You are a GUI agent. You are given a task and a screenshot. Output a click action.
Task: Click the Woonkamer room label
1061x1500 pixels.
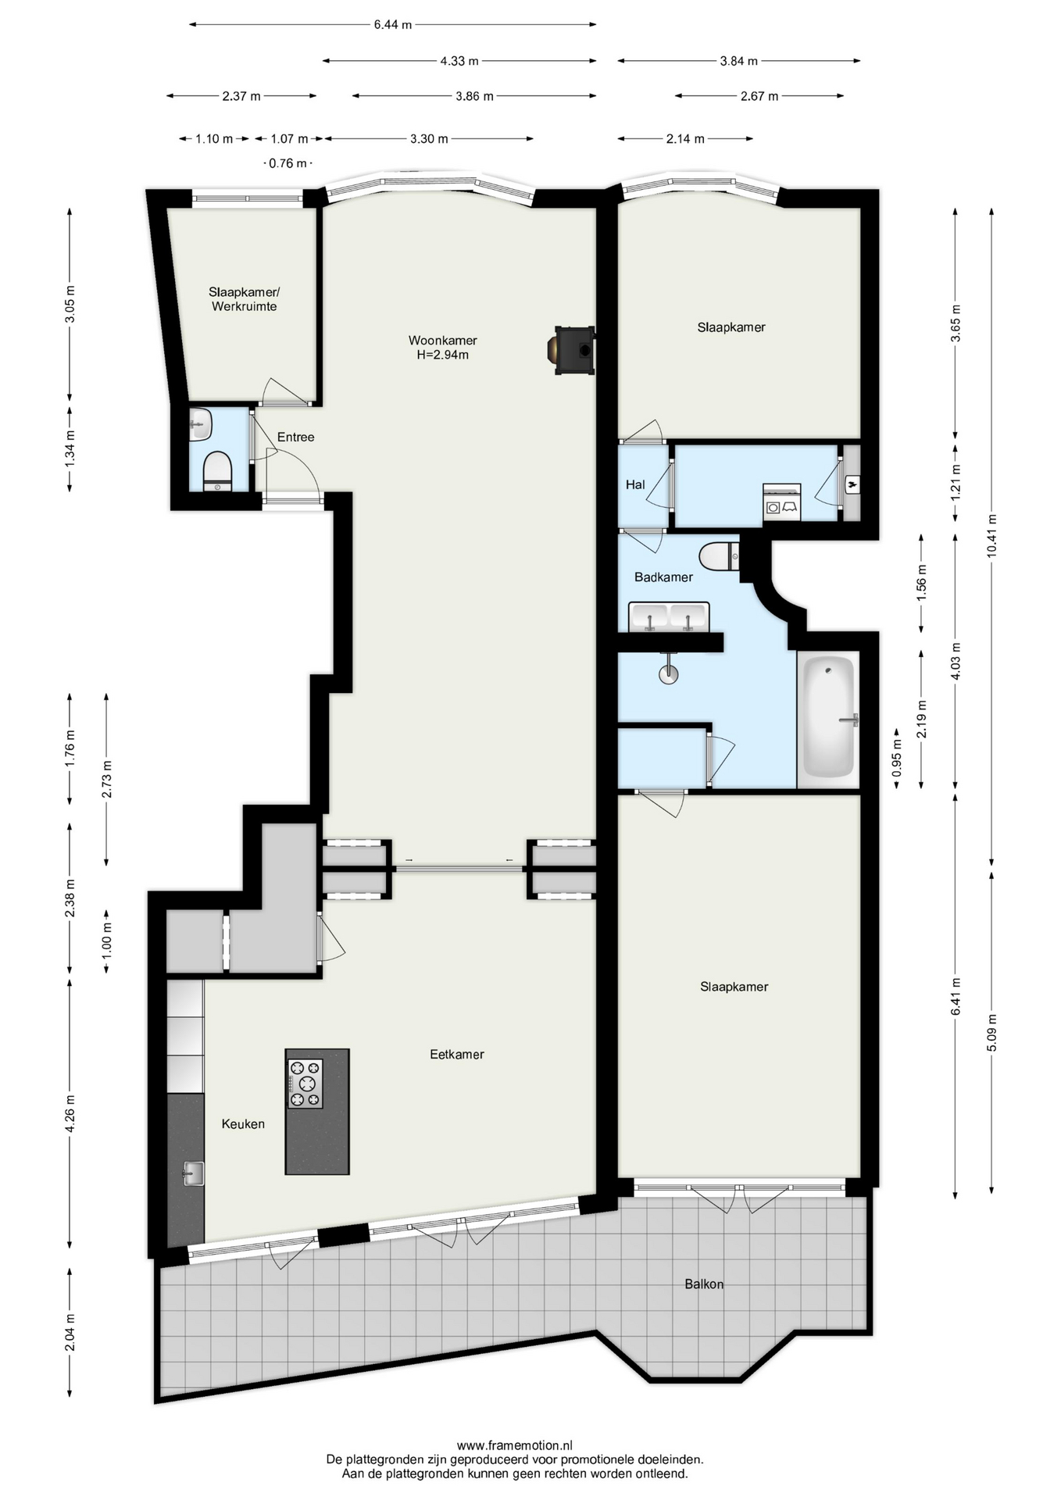coord(442,341)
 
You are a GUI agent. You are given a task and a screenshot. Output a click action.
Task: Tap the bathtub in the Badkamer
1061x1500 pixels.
coord(828,717)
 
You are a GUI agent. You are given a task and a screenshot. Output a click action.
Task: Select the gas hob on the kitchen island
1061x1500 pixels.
coord(305,1084)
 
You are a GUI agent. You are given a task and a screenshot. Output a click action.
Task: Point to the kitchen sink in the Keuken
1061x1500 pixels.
coord(193,1173)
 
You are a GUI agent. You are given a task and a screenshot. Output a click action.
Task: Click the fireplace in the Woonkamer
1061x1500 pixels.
coord(574,351)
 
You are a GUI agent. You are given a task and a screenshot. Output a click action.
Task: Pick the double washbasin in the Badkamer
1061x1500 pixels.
coord(669,616)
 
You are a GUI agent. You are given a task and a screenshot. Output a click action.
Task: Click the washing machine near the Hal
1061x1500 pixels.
coord(782,502)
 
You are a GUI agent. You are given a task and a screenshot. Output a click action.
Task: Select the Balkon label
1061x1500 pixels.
coord(704,1284)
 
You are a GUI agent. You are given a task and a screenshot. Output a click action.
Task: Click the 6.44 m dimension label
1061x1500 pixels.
coord(392,24)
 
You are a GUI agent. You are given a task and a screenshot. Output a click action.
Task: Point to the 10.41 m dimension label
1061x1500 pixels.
coord(991,535)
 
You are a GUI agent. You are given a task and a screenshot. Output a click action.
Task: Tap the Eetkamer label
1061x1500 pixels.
coord(457,1054)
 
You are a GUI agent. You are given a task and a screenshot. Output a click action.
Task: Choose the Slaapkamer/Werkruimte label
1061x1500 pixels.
coord(244,299)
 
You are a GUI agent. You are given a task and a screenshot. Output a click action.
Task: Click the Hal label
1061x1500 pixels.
coord(635,484)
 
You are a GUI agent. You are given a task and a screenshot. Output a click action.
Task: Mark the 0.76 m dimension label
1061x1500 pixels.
coord(288,163)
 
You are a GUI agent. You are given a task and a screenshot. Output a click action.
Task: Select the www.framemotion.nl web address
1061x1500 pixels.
coord(515,1445)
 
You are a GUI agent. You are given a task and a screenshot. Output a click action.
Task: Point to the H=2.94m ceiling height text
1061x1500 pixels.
coord(442,355)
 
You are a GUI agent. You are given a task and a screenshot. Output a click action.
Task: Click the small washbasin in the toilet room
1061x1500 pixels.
coord(200,425)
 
